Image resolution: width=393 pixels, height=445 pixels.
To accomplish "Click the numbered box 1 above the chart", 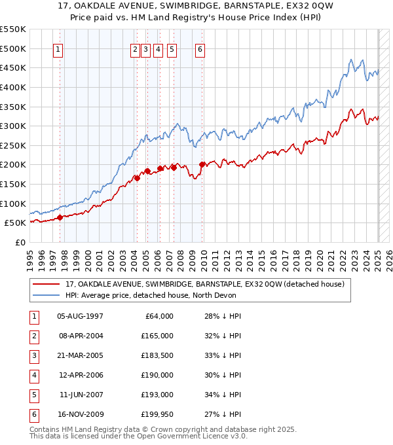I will pyautogui.click(x=58, y=49).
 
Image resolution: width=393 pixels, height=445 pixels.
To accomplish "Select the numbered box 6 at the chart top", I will pyautogui.click(x=200, y=49).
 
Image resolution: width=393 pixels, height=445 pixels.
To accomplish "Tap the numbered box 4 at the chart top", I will pyautogui.click(x=159, y=49).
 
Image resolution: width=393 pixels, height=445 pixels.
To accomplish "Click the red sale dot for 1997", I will pyautogui.click(x=60, y=217).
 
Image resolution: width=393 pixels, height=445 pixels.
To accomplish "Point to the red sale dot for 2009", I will pyautogui.click(x=202, y=164).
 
